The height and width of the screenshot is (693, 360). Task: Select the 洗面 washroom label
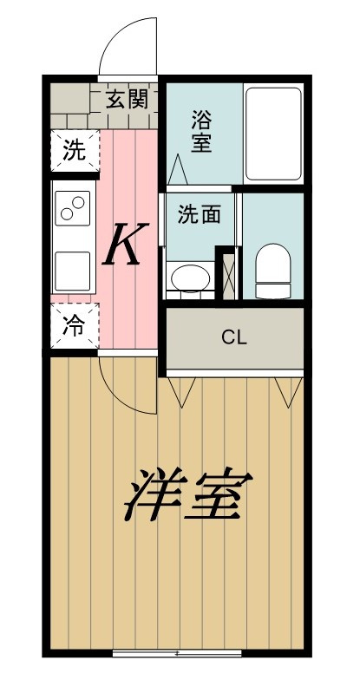[199, 214]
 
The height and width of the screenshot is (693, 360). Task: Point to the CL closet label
[234, 338]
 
